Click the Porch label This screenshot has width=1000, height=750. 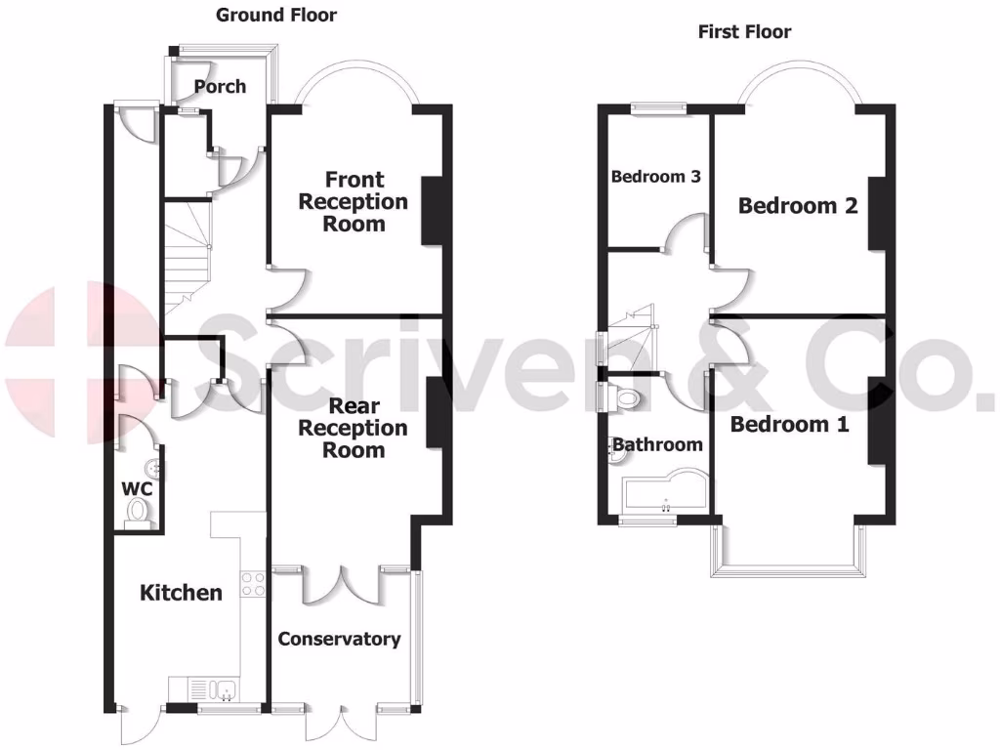click(x=220, y=86)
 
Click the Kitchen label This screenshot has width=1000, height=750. click(x=181, y=593)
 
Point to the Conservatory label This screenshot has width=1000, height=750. click(x=339, y=639)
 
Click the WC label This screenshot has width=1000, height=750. click(x=135, y=487)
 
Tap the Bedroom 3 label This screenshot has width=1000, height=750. click(x=655, y=177)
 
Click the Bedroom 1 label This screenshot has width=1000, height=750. click(x=789, y=425)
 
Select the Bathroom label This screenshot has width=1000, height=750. click(x=657, y=445)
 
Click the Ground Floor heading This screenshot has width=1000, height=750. click(x=276, y=15)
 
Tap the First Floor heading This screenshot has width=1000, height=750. click(x=744, y=32)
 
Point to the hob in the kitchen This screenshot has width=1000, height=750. click(x=253, y=583)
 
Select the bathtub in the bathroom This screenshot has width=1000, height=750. click(x=662, y=498)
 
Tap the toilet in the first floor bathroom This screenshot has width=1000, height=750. click(x=628, y=396)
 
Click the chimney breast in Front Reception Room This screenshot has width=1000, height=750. click(x=431, y=209)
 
